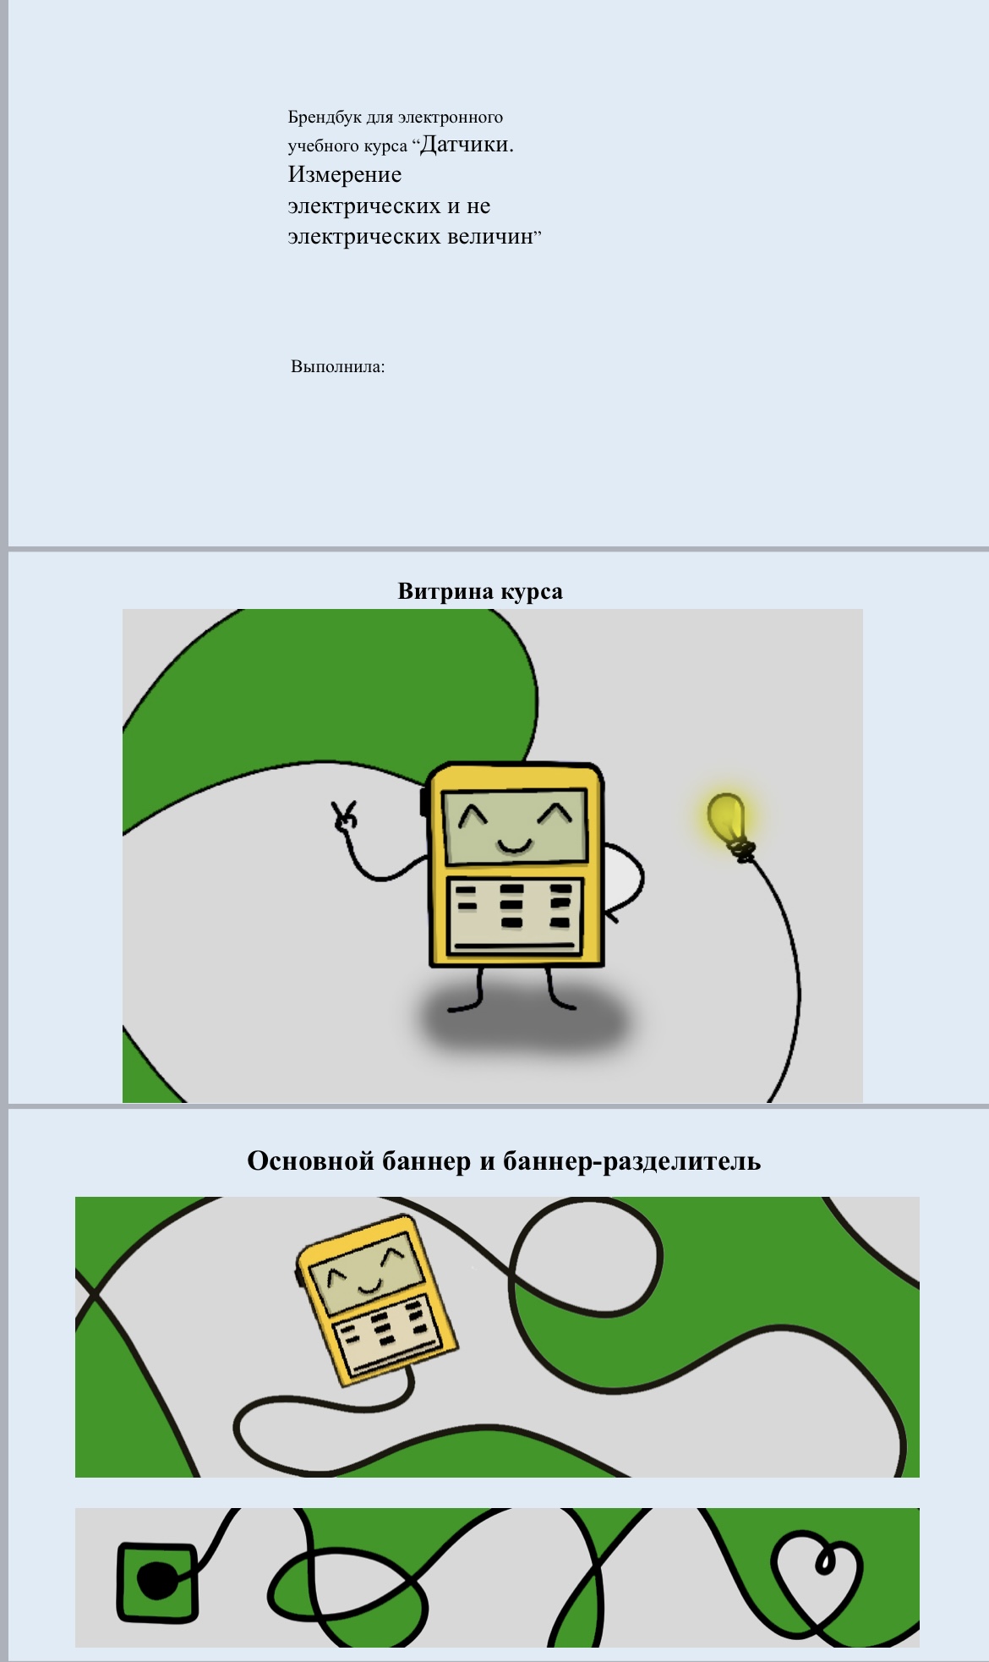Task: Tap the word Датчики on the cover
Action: point(467,145)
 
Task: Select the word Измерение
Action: point(345,175)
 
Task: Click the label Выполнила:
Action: point(338,367)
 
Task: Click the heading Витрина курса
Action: point(480,591)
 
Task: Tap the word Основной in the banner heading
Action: point(310,1160)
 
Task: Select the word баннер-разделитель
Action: point(632,1161)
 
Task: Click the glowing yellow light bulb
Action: point(729,821)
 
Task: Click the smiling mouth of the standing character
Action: point(514,845)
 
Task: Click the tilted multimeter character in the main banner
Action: point(377,1299)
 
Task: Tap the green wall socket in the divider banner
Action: point(157,1582)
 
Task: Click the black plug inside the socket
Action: point(157,1581)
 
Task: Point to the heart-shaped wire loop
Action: point(816,1580)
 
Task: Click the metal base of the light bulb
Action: point(742,849)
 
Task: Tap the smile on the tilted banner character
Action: point(370,1288)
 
